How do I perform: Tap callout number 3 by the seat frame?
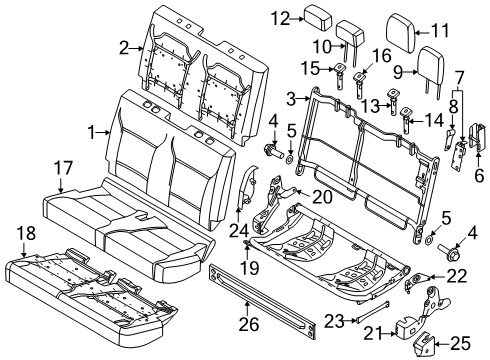coord(291,97)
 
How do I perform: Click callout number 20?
coord(321,197)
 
